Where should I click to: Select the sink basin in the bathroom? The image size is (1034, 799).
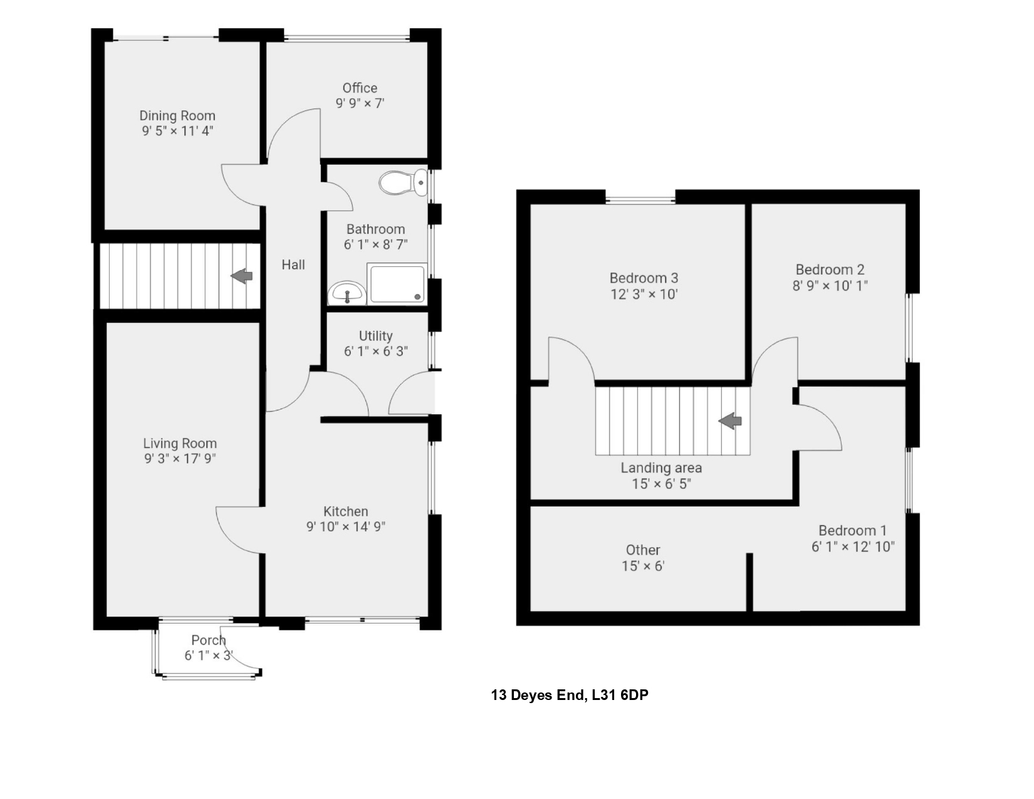347,293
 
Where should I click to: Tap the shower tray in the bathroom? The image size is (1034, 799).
396,284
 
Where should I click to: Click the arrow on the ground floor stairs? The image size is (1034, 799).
242,275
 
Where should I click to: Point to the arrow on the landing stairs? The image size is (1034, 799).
730,421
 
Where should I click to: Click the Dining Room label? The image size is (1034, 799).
177,116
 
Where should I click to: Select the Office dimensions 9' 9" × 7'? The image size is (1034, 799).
360,103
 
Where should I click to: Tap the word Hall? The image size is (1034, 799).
293,265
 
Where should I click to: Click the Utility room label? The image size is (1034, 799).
375,336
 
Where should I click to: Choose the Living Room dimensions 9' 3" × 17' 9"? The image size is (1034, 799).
180,459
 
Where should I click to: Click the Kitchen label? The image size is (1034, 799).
345,511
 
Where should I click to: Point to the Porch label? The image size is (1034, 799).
208,640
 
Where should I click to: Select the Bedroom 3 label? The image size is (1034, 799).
644,278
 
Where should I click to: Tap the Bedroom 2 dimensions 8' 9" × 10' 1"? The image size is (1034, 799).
830,286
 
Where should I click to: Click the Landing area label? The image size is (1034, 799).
661,468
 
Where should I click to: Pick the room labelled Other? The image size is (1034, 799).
643,550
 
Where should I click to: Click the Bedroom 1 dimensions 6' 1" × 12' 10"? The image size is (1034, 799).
852,547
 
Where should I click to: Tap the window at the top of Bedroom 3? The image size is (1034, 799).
640,201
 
